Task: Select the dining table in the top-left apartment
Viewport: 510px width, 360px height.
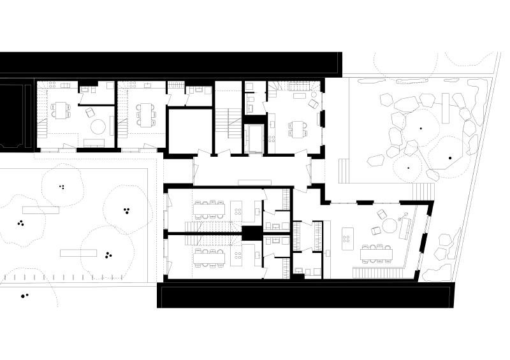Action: tap(62, 110)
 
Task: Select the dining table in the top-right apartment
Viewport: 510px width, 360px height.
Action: tap(296, 127)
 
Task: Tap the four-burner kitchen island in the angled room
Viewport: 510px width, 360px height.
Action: tap(348, 235)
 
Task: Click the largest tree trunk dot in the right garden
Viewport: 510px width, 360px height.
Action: tap(450, 157)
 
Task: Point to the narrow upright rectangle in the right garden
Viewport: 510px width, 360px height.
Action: tap(446, 111)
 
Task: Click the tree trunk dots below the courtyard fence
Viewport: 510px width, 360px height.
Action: tap(24, 296)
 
